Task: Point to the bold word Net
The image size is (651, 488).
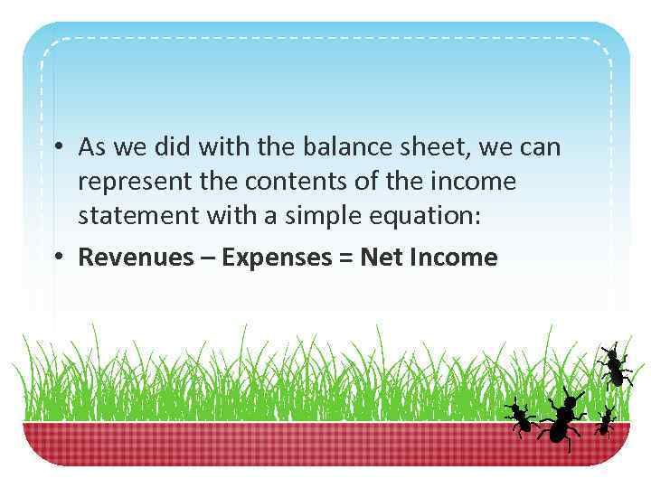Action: coord(381,258)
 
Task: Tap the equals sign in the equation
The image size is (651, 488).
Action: coord(346,258)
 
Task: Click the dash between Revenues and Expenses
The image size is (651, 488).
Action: coord(208,258)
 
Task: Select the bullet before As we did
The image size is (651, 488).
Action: coord(57,146)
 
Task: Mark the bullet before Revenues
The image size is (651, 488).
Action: coord(57,258)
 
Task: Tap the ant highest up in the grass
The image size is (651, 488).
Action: coord(614,365)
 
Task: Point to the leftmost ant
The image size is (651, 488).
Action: coord(520,417)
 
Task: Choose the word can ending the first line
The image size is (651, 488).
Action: coord(539,147)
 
